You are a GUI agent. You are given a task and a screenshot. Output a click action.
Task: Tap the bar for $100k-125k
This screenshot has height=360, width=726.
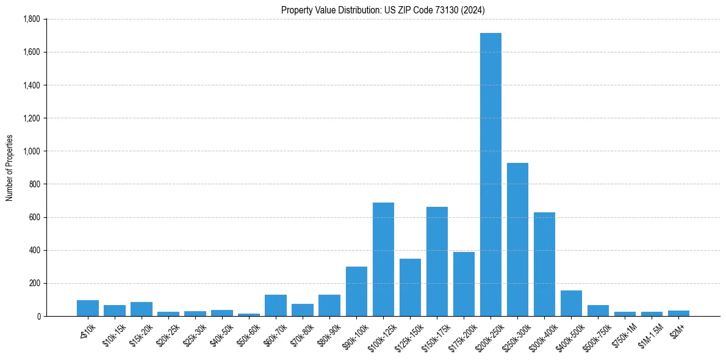(x=383, y=259)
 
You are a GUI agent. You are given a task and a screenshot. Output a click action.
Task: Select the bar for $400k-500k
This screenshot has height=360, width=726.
(x=571, y=303)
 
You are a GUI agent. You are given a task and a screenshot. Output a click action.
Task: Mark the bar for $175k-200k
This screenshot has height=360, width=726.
(x=464, y=284)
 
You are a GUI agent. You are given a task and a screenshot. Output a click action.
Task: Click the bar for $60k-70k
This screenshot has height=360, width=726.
(x=276, y=305)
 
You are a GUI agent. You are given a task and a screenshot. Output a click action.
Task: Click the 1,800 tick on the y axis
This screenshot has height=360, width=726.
(x=31, y=20)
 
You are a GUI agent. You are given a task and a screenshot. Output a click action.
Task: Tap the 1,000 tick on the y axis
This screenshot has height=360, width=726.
(x=31, y=151)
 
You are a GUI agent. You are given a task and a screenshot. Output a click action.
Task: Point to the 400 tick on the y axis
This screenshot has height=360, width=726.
(x=35, y=250)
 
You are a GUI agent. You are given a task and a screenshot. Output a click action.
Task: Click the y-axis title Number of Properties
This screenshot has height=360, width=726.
(x=9, y=168)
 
